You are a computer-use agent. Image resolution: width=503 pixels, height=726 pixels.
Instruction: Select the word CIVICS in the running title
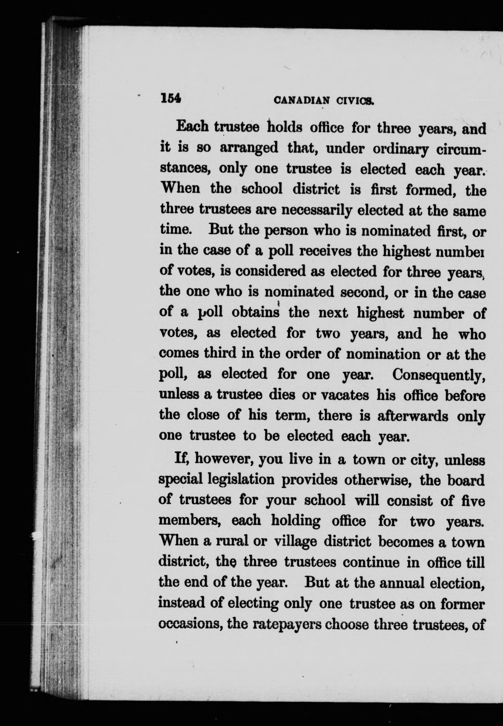(355, 101)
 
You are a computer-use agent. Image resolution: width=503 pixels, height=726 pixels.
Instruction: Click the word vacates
(344, 395)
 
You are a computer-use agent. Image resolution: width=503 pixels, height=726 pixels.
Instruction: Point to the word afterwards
(413, 416)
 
